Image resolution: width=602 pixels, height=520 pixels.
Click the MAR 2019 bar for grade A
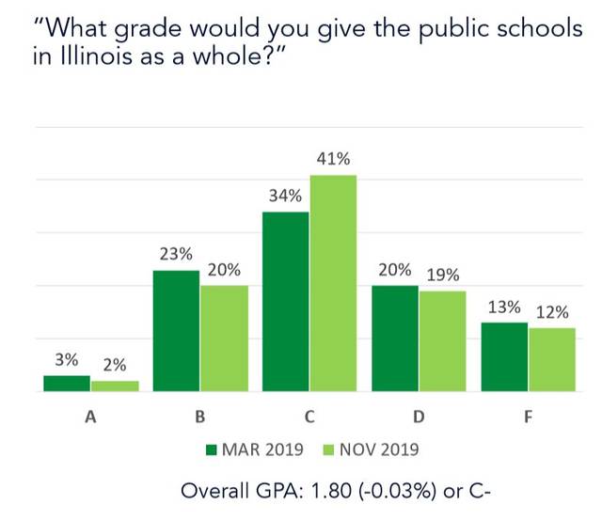point(67,383)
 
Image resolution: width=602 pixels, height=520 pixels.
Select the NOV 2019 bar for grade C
point(333,283)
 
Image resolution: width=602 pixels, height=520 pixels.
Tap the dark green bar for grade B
point(176,330)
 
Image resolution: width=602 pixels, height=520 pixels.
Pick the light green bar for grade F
point(551,359)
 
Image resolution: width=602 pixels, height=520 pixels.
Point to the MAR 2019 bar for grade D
point(395,338)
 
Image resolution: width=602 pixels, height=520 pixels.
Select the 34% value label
point(285,197)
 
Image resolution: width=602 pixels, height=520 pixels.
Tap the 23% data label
point(176,254)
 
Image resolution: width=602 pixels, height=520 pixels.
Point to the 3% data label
point(66,360)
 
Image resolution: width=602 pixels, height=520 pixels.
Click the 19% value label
point(442,276)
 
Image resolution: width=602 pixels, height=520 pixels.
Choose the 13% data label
point(504,307)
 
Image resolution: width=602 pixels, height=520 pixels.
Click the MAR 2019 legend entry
point(255,449)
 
